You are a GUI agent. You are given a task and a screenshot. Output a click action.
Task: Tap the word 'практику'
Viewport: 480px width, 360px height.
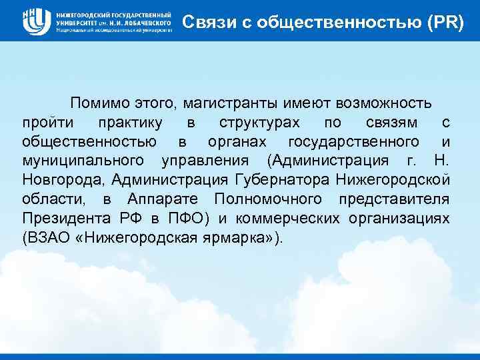click(131, 123)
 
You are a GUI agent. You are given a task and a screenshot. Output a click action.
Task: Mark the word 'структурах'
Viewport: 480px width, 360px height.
click(259, 123)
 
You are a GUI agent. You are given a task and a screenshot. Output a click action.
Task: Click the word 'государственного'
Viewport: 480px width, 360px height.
click(354, 142)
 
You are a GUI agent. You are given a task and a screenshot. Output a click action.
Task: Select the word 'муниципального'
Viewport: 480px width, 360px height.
click(83, 161)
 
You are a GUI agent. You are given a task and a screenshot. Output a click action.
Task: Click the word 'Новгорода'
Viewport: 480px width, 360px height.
click(63, 180)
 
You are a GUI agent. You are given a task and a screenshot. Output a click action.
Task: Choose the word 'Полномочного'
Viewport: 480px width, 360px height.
click(270, 199)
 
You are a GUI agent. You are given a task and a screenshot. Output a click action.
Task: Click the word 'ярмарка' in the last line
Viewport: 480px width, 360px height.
click(237, 238)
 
